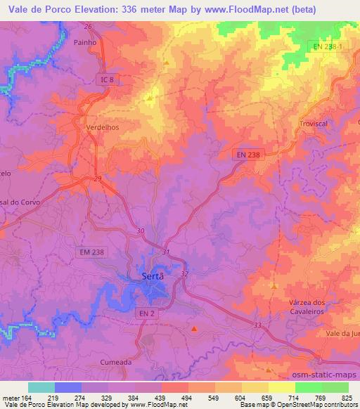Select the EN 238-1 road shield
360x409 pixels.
(328, 46)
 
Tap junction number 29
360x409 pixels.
(98, 181)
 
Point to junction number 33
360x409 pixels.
(257, 325)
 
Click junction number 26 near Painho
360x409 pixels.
(89, 27)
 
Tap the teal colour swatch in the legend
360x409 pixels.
(41, 387)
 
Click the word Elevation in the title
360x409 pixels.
(82, 9)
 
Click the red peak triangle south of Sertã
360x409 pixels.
(195, 327)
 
